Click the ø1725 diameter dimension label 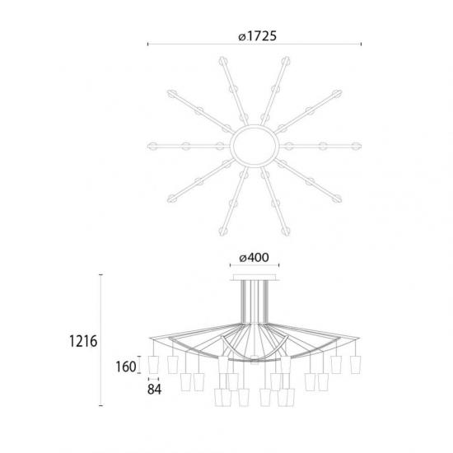point(257,36)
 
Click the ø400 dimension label point(255,258)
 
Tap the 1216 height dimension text point(83,341)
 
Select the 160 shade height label point(126,367)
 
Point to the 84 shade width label point(154,389)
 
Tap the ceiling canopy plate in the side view point(255,278)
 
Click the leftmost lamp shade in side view point(153,365)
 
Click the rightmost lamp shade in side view point(355,365)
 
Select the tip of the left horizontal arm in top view point(148,146)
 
